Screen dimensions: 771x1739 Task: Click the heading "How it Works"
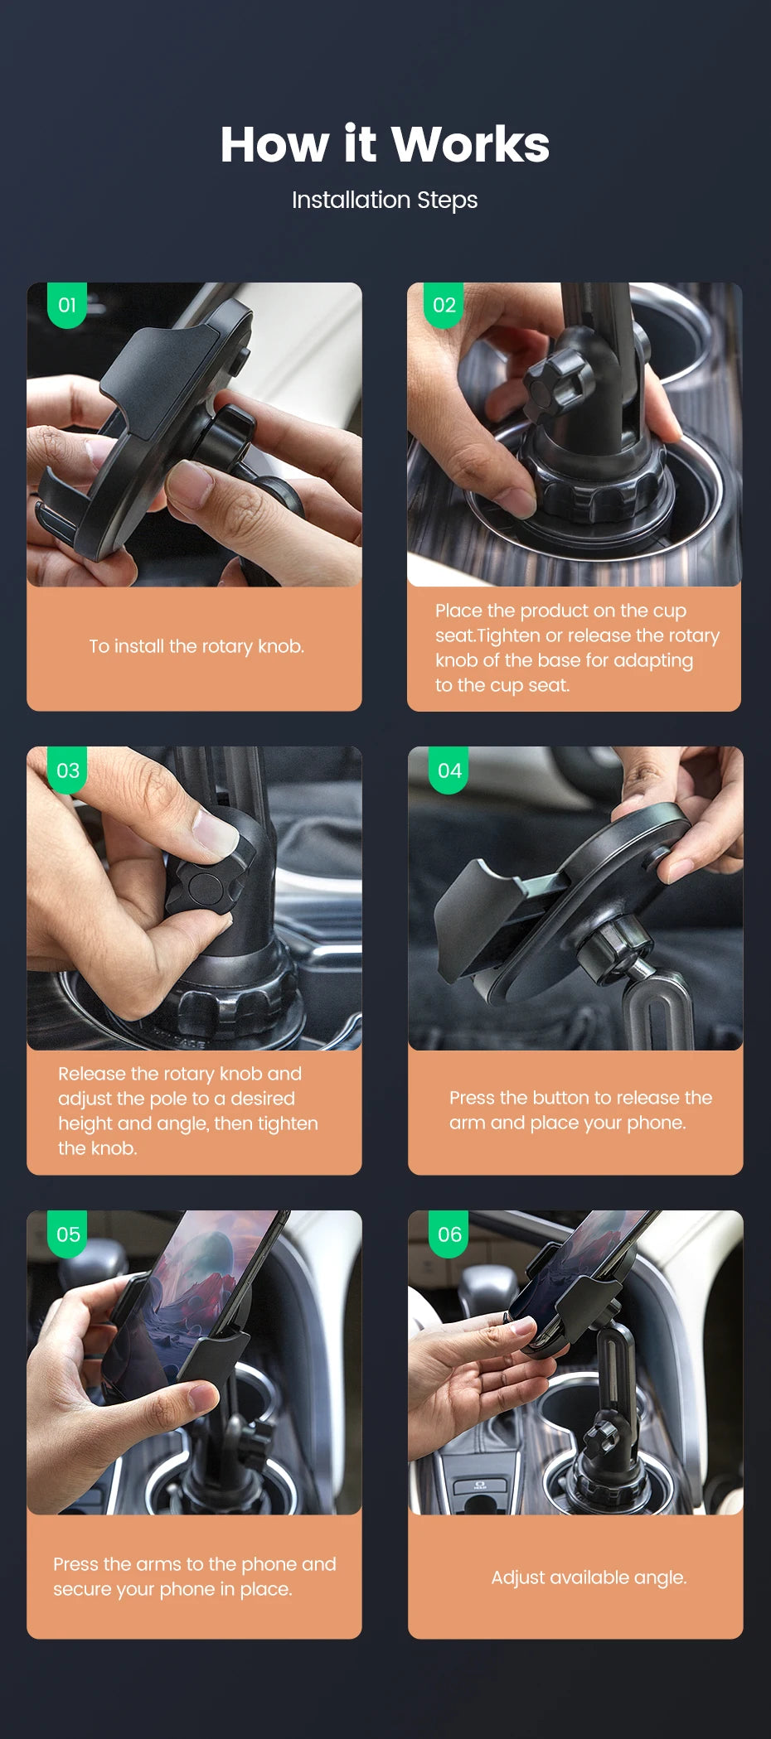pos(385,144)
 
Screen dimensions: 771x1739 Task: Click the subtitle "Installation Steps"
pos(385,200)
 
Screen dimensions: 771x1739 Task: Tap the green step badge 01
pos(67,305)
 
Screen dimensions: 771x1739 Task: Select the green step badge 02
pos(444,305)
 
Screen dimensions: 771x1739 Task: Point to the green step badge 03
pos(68,770)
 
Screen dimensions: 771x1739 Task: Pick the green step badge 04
pos(449,770)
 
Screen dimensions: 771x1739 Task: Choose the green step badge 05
pos(68,1234)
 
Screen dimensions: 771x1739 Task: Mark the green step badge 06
pos(449,1234)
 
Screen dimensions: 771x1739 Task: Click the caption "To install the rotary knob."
pos(196,646)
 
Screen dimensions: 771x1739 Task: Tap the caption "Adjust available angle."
pos(589,1577)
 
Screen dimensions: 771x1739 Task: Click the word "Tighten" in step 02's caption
pos(509,635)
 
